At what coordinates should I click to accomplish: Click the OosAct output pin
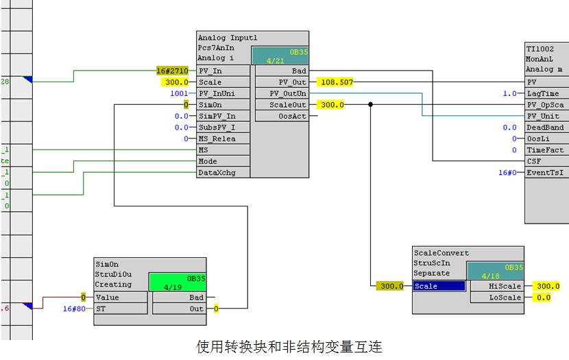point(281,116)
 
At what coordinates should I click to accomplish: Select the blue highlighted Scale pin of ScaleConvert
point(439,286)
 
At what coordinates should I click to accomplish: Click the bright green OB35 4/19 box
point(177,283)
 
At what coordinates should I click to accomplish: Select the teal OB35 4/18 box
point(495,271)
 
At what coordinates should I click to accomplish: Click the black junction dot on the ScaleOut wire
point(371,105)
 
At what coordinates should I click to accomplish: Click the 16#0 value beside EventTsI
point(508,173)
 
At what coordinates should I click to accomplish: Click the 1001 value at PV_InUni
point(179,93)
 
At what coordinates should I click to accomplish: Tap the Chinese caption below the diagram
point(284,347)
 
